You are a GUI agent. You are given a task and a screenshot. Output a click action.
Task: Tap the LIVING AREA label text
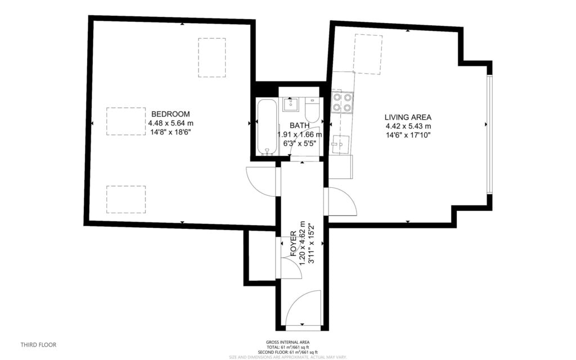click(x=408, y=117)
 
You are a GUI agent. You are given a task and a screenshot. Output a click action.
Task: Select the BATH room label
click(x=299, y=125)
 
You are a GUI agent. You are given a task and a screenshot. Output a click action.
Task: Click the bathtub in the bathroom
click(x=267, y=127)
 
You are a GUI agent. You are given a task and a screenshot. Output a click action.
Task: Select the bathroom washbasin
click(x=291, y=103)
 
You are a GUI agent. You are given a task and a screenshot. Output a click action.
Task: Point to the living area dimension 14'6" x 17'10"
click(x=408, y=135)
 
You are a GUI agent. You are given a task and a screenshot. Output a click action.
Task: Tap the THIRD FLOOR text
click(x=38, y=345)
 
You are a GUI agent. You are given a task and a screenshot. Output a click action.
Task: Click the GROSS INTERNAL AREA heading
click(x=287, y=342)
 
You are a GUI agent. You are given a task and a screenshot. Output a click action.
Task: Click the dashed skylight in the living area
click(x=367, y=54)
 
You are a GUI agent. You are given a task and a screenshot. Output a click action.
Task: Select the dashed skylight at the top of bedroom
click(x=211, y=57)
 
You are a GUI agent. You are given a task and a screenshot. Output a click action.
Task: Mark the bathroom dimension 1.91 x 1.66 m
click(x=299, y=134)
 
